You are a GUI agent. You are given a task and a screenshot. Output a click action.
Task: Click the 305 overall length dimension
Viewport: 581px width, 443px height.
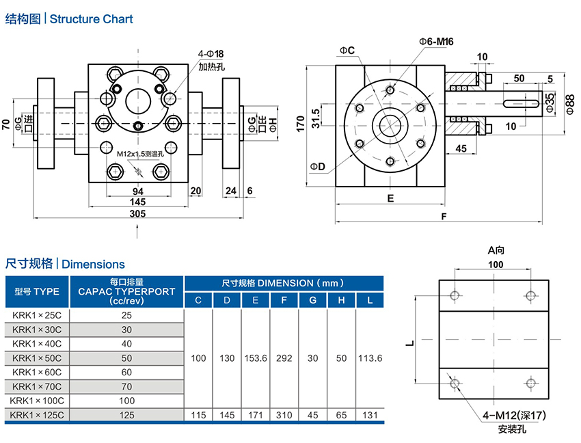138,213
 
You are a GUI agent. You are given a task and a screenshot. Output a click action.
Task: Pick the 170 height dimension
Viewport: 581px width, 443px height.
299,123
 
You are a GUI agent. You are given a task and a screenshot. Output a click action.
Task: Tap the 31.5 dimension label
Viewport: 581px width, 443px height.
315,116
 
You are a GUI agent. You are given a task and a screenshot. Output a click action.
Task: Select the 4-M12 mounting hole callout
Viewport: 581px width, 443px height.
514,416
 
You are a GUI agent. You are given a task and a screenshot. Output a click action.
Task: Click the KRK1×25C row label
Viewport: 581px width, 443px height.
37,315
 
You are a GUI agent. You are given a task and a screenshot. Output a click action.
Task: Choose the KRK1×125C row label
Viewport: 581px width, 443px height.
37,414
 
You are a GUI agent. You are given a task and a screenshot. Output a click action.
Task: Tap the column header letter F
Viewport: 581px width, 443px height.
284,300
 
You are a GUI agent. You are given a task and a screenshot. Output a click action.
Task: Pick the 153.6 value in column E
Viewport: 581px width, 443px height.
255,358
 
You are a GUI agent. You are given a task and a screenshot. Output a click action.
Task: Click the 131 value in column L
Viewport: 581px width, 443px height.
370,414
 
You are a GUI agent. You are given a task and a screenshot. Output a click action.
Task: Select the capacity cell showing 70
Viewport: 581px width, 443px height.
126,386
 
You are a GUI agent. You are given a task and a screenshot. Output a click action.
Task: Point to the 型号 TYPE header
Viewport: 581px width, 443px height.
37,291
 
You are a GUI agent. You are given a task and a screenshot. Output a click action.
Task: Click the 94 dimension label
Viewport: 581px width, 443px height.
137,191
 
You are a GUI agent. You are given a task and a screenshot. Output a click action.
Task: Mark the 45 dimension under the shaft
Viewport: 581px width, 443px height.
461,148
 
